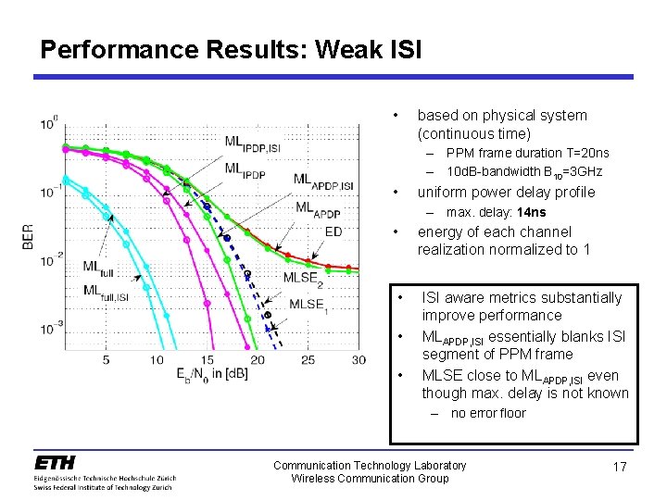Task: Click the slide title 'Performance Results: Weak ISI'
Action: tap(231, 49)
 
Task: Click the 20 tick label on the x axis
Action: tap(258, 359)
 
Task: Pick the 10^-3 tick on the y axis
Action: tap(50, 329)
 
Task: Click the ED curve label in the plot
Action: tap(333, 231)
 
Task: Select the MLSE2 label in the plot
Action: tap(303, 277)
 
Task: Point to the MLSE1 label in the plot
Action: tap(308, 304)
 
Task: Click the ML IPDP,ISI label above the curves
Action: tap(252, 144)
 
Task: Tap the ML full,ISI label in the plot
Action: tap(106, 292)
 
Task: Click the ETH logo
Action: tap(55, 463)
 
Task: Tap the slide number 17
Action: tap(620, 468)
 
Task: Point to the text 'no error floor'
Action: tap(487, 414)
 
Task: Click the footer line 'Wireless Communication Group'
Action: tap(370, 479)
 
